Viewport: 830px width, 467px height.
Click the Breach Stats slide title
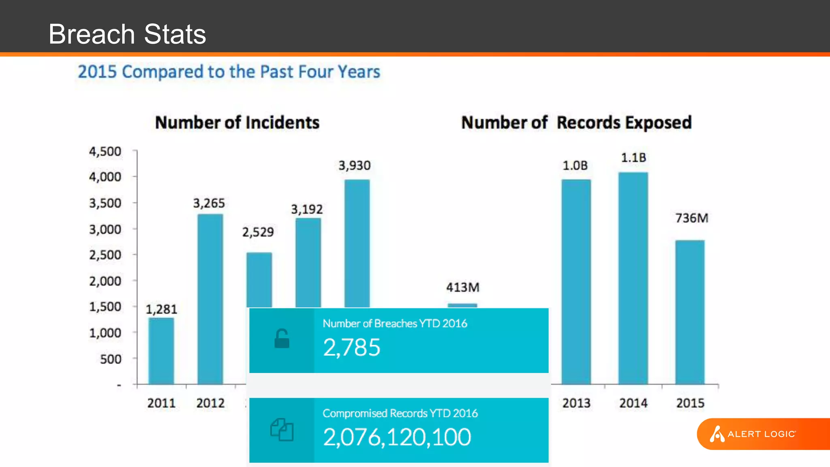pyautogui.click(x=127, y=34)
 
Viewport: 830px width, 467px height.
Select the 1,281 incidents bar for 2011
pyautogui.click(x=161, y=351)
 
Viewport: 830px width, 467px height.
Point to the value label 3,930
pyautogui.click(x=355, y=166)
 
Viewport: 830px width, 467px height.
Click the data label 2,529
pyautogui.click(x=258, y=232)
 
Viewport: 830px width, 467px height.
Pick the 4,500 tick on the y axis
pyautogui.click(x=105, y=152)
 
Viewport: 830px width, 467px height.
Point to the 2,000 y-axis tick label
pyautogui.click(x=105, y=281)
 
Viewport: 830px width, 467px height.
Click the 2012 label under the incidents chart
pyautogui.click(x=210, y=403)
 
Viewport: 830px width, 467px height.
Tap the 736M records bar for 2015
pyautogui.click(x=690, y=312)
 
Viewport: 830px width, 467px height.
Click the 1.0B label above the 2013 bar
pyautogui.click(x=575, y=166)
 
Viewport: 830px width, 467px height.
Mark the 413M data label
pyautogui.click(x=463, y=287)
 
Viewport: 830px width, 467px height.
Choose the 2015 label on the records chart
pyautogui.click(x=690, y=403)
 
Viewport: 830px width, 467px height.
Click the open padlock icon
pyautogui.click(x=282, y=339)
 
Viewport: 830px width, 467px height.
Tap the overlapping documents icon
pyautogui.click(x=282, y=430)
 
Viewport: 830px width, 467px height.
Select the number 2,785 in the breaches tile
pyautogui.click(x=352, y=347)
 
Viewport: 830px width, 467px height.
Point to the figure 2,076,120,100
pyautogui.click(x=397, y=437)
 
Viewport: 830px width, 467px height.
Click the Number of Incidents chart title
pyautogui.click(x=237, y=122)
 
